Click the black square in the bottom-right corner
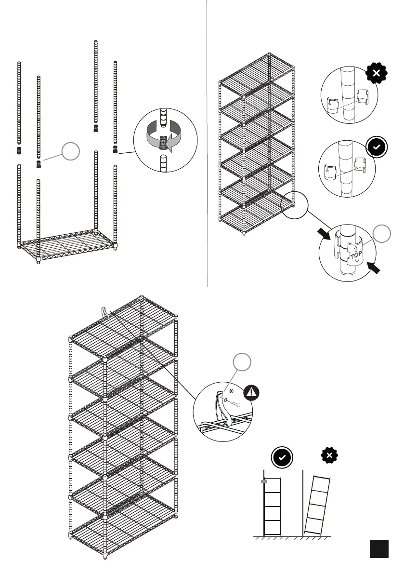click(x=379, y=548)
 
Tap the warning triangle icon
click(x=250, y=393)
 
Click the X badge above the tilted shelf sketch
click(x=329, y=455)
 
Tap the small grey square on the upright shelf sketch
click(x=263, y=481)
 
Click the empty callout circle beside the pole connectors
click(x=70, y=152)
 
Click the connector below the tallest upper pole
click(x=96, y=128)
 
